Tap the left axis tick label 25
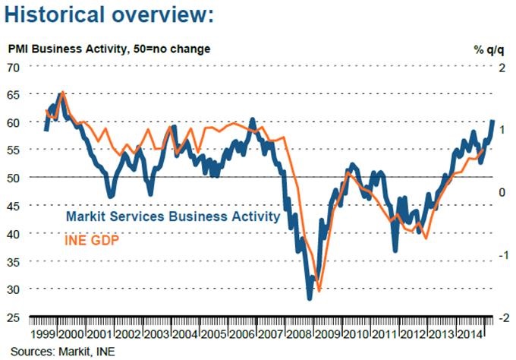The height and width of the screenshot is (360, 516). [13, 317]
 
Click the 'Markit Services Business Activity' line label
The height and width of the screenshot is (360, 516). [173, 216]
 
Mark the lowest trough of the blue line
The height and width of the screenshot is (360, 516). [309, 298]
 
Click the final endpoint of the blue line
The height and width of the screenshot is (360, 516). [492, 121]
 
